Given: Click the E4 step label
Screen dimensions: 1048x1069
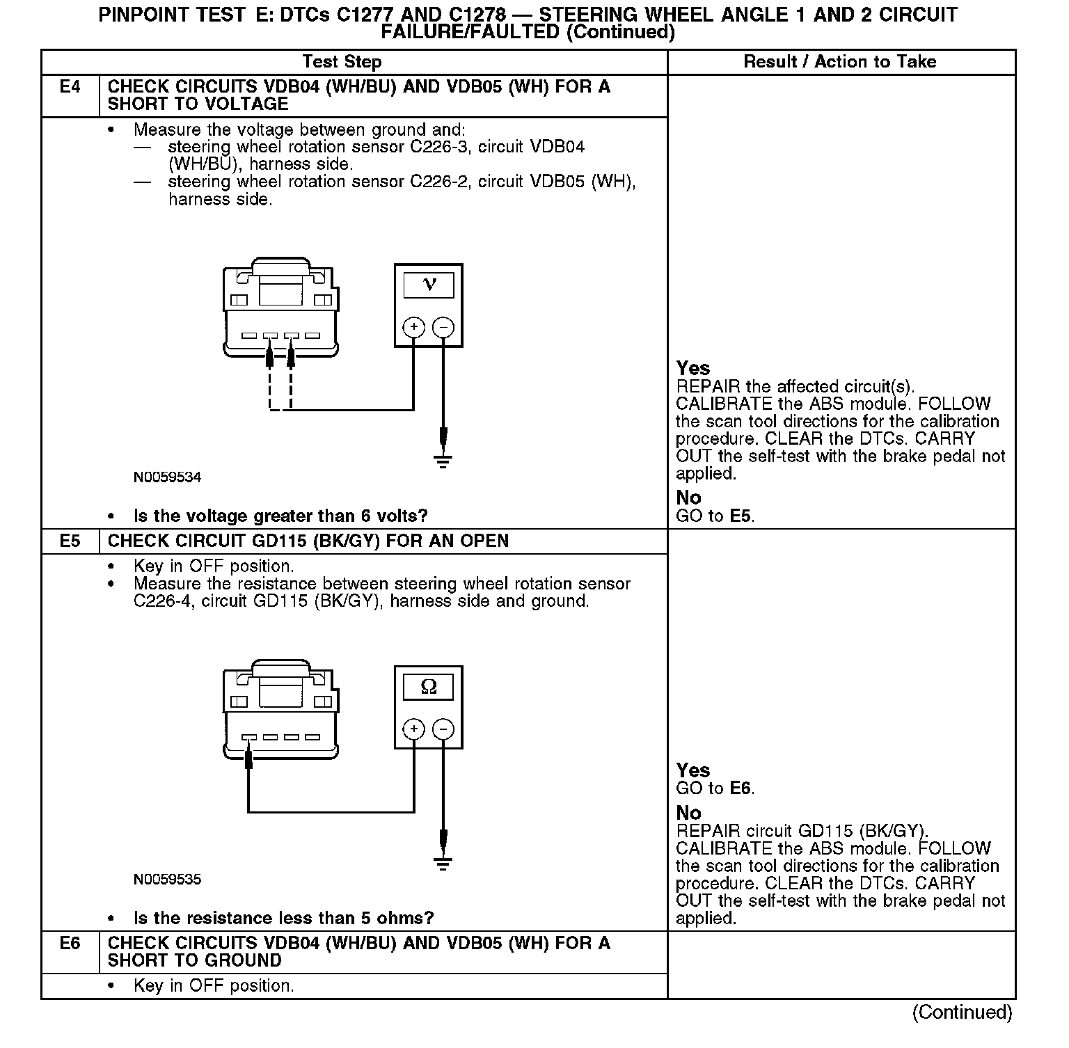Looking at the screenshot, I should [70, 87].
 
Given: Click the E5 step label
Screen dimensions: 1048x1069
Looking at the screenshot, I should [70, 541].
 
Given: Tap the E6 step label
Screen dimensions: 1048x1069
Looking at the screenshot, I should [70, 943].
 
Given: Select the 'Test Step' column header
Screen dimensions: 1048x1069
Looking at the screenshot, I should [342, 62].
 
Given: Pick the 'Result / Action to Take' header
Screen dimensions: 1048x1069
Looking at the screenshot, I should [840, 62].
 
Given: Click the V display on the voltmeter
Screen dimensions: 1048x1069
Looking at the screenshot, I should [429, 285].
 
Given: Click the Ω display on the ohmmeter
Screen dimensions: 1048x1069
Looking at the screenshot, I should [429, 687].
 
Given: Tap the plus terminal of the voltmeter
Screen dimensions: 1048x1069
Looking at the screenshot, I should [414, 326].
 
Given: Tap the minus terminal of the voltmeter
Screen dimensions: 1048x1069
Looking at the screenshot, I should [443, 326].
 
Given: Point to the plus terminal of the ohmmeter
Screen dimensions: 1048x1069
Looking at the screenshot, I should [414, 729].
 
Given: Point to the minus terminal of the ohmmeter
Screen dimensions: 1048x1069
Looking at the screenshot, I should [443, 729].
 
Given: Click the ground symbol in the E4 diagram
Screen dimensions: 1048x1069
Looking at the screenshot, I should [443, 461].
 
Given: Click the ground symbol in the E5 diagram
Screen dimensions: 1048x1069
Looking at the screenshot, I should [443, 863].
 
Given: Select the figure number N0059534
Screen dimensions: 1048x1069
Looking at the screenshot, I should [167, 477].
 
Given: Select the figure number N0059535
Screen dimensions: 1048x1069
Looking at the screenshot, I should [167, 880].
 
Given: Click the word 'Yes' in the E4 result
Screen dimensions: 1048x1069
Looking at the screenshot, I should [692, 368].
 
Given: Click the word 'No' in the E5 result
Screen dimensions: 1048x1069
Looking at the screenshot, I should [688, 813].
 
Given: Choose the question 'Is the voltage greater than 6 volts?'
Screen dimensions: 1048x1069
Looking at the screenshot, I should [280, 516].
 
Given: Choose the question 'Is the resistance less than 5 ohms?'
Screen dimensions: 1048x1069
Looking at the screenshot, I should [283, 919].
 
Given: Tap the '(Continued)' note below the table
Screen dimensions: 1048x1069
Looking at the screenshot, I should [962, 1012].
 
